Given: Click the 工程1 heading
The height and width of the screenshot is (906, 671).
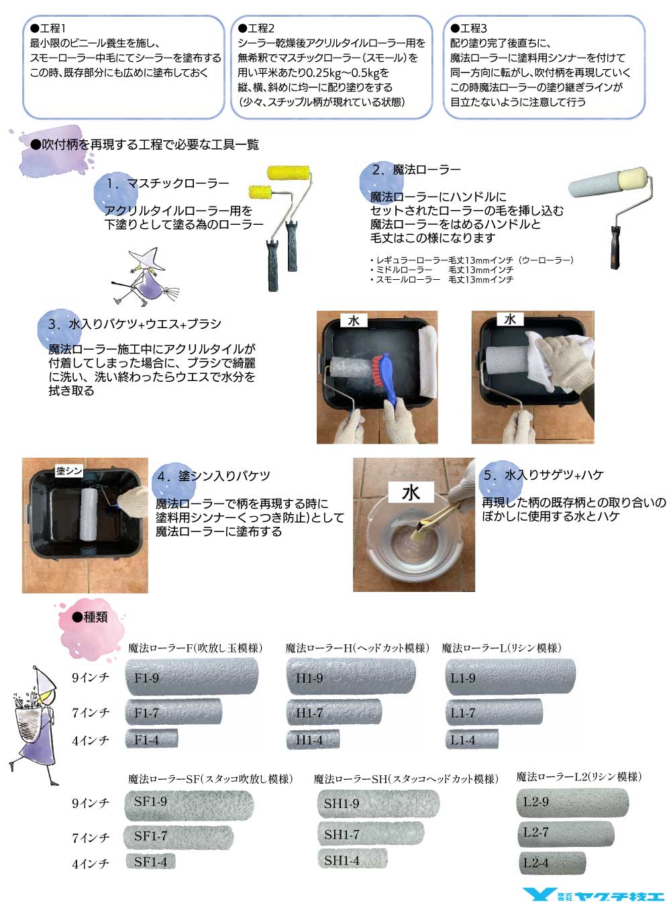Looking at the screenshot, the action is pos(48,28).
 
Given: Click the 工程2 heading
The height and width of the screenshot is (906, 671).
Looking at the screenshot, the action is pos(256,28).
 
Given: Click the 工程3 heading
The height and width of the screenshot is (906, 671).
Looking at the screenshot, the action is pos(468,28).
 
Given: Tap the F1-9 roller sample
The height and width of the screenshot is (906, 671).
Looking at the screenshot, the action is pos(192,676).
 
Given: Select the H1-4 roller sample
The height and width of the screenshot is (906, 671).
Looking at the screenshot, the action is pos(313,740).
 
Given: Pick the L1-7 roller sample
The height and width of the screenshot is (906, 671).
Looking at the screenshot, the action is pos(494,711).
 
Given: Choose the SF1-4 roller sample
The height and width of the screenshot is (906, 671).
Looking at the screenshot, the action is pos(150,861).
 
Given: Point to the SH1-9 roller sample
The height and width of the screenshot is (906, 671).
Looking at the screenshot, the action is pos(378,803).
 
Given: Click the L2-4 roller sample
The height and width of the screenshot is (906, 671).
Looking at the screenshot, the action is pos(552,862).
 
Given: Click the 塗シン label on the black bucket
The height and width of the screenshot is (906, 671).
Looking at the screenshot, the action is pos(69,471).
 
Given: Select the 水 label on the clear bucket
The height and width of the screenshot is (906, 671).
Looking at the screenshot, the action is pos(411,492).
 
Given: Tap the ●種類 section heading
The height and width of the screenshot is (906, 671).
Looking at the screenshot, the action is pos(90,617).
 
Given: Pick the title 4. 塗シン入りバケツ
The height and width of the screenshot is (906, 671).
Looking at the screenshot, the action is pos(213,476).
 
